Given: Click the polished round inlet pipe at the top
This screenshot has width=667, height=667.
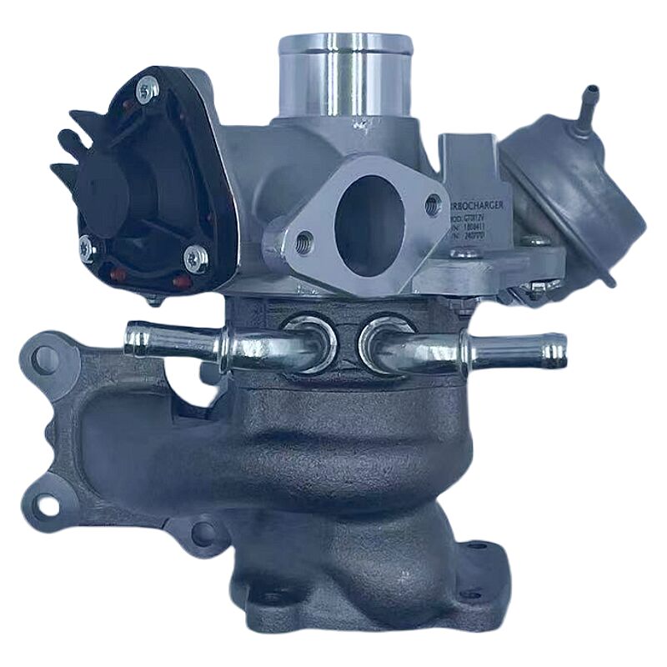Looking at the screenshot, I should coord(345,75).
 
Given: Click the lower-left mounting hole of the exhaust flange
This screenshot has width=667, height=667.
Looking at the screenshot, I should coord(46,503).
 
